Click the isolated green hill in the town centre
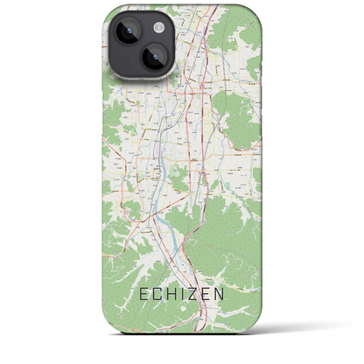pos(180,179)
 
